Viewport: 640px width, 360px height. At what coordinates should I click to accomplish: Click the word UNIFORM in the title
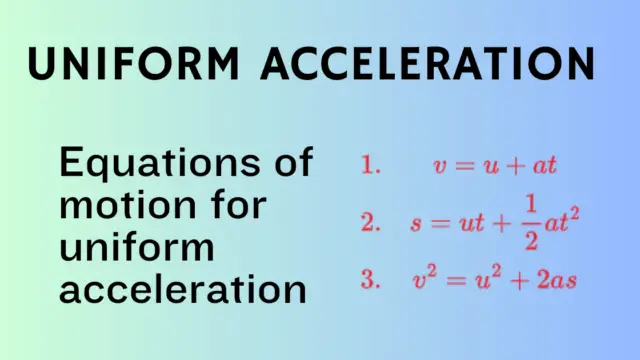(131, 64)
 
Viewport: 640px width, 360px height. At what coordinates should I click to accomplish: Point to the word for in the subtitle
(237, 206)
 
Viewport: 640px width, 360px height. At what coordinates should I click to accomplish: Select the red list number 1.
(371, 166)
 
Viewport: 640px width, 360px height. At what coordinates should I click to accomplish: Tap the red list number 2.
(371, 225)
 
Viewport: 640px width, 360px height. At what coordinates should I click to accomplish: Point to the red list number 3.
(371, 281)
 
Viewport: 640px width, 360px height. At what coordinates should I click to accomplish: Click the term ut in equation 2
(465, 225)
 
